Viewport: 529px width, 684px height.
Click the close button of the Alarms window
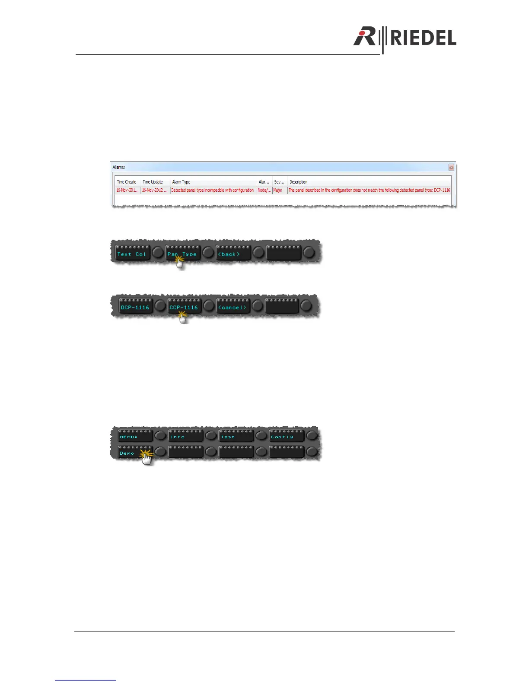click(451, 167)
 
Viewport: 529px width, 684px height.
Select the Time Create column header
click(127, 182)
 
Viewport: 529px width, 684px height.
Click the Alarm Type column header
click(181, 182)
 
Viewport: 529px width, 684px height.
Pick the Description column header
click(298, 182)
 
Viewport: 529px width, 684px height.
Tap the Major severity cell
click(278, 190)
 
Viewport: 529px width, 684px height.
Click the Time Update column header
click(153, 182)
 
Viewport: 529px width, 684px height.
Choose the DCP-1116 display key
click(135, 307)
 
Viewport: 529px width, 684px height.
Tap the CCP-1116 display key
click(184, 307)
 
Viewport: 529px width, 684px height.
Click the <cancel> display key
click(233, 307)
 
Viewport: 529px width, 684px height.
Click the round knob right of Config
click(312, 436)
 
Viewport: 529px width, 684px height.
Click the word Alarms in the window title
click(119, 167)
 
